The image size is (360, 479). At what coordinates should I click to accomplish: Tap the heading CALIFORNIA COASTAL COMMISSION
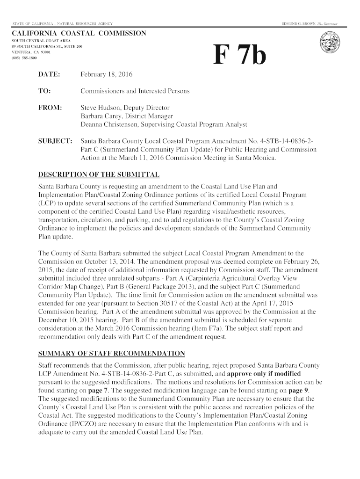79,34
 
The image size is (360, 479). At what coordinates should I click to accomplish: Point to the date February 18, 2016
107,74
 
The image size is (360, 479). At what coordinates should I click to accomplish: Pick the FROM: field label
50,108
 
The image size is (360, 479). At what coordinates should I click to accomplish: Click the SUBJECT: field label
55,141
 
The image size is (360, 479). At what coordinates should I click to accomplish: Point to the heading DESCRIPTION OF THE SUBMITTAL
99,174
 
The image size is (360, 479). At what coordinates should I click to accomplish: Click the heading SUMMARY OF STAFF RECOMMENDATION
111,353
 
